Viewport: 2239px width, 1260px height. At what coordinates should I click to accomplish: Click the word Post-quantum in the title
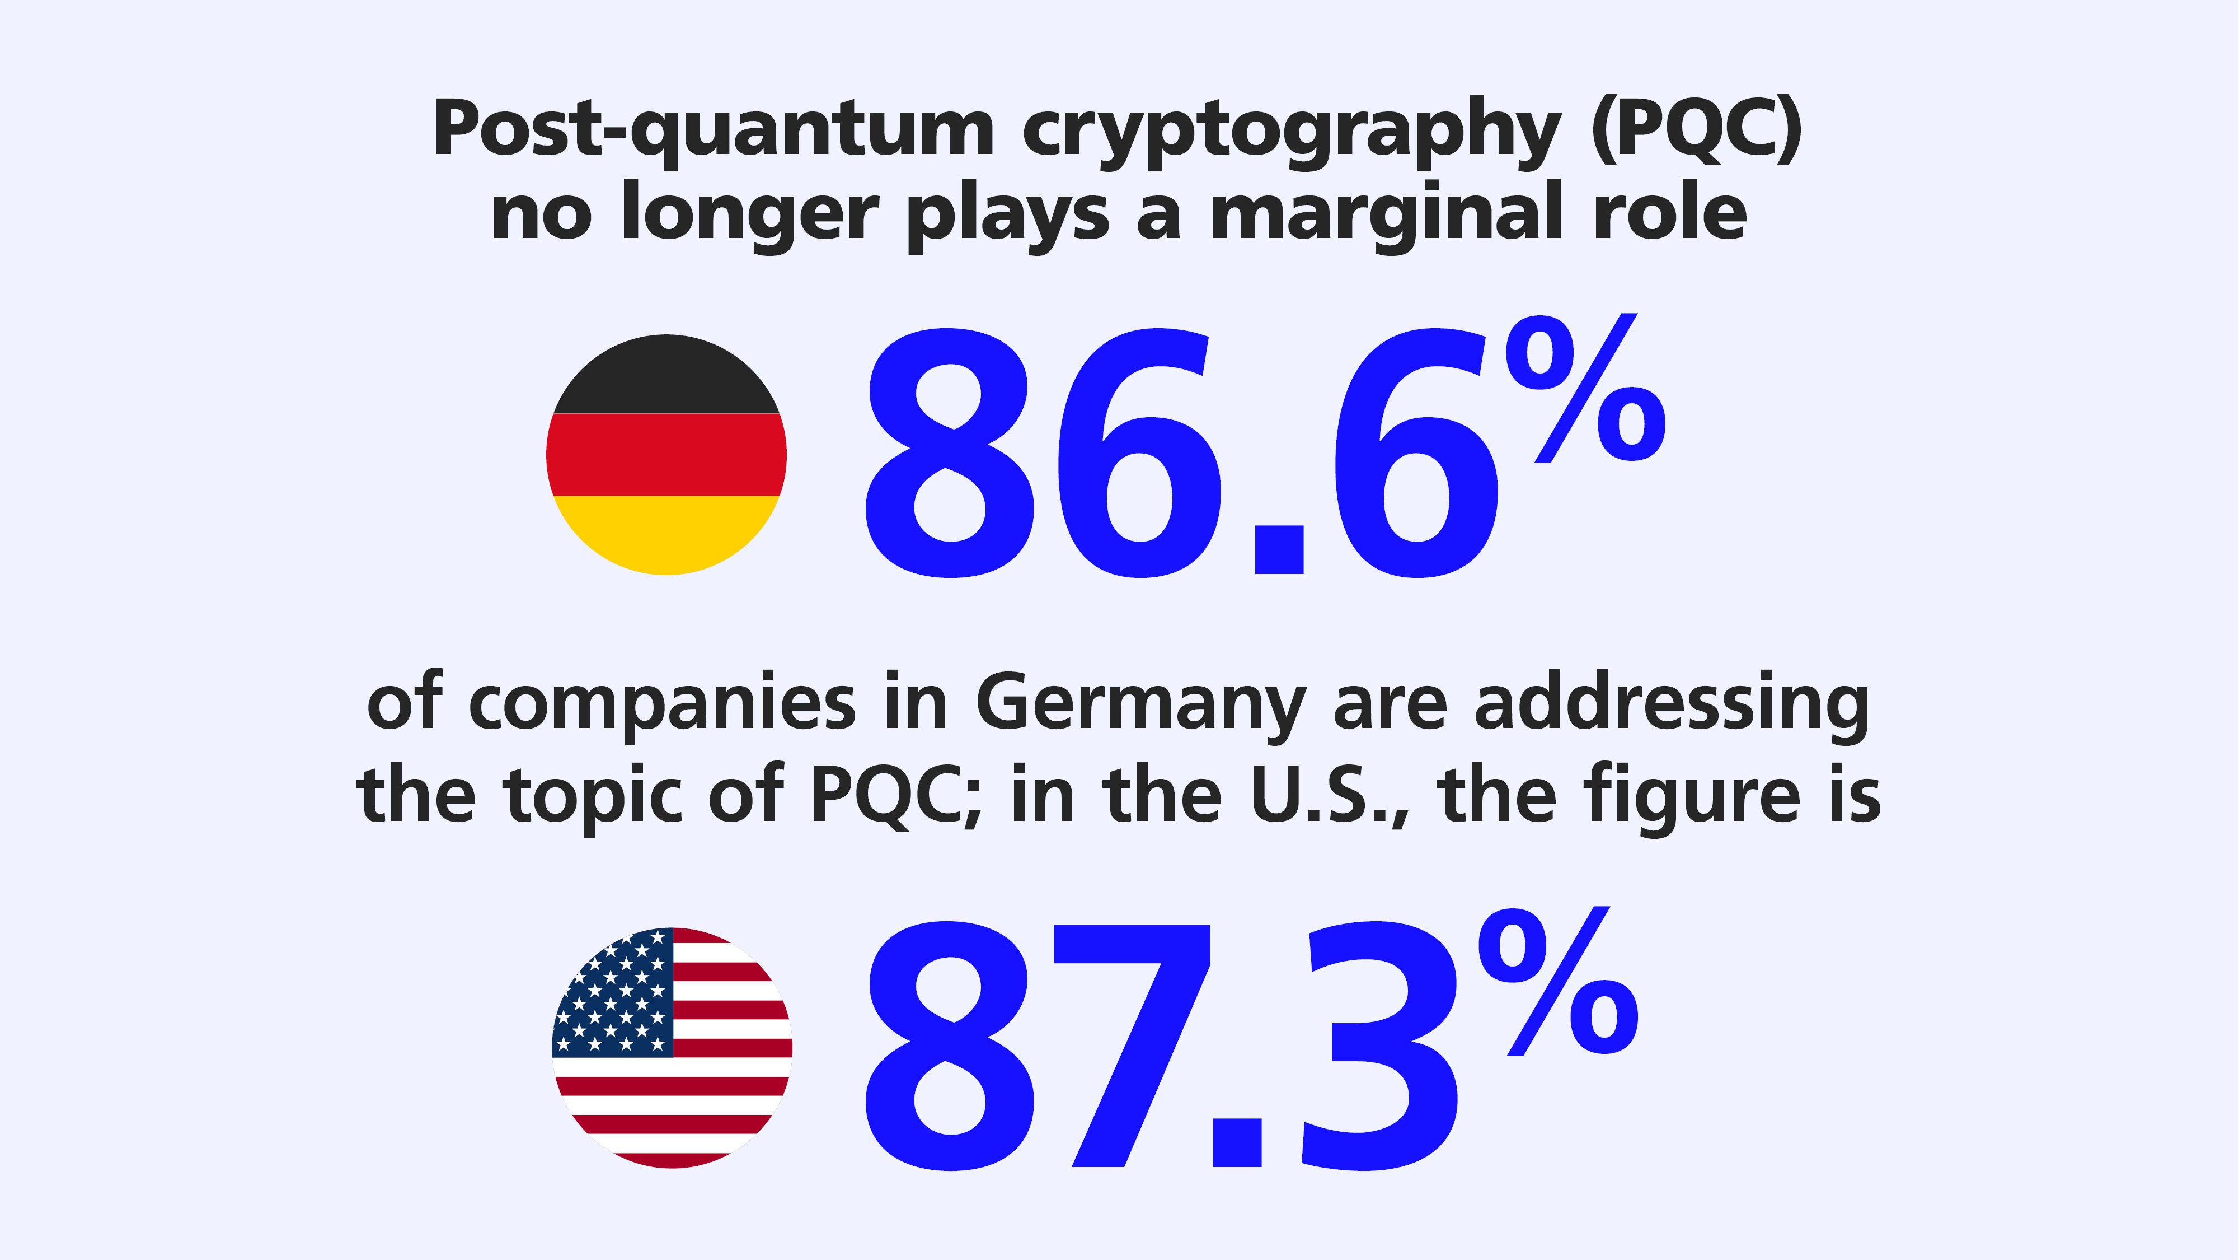pyautogui.click(x=713, y=130)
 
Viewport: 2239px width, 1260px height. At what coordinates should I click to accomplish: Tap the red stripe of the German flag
pyautogui.click(x=666, y=454)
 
